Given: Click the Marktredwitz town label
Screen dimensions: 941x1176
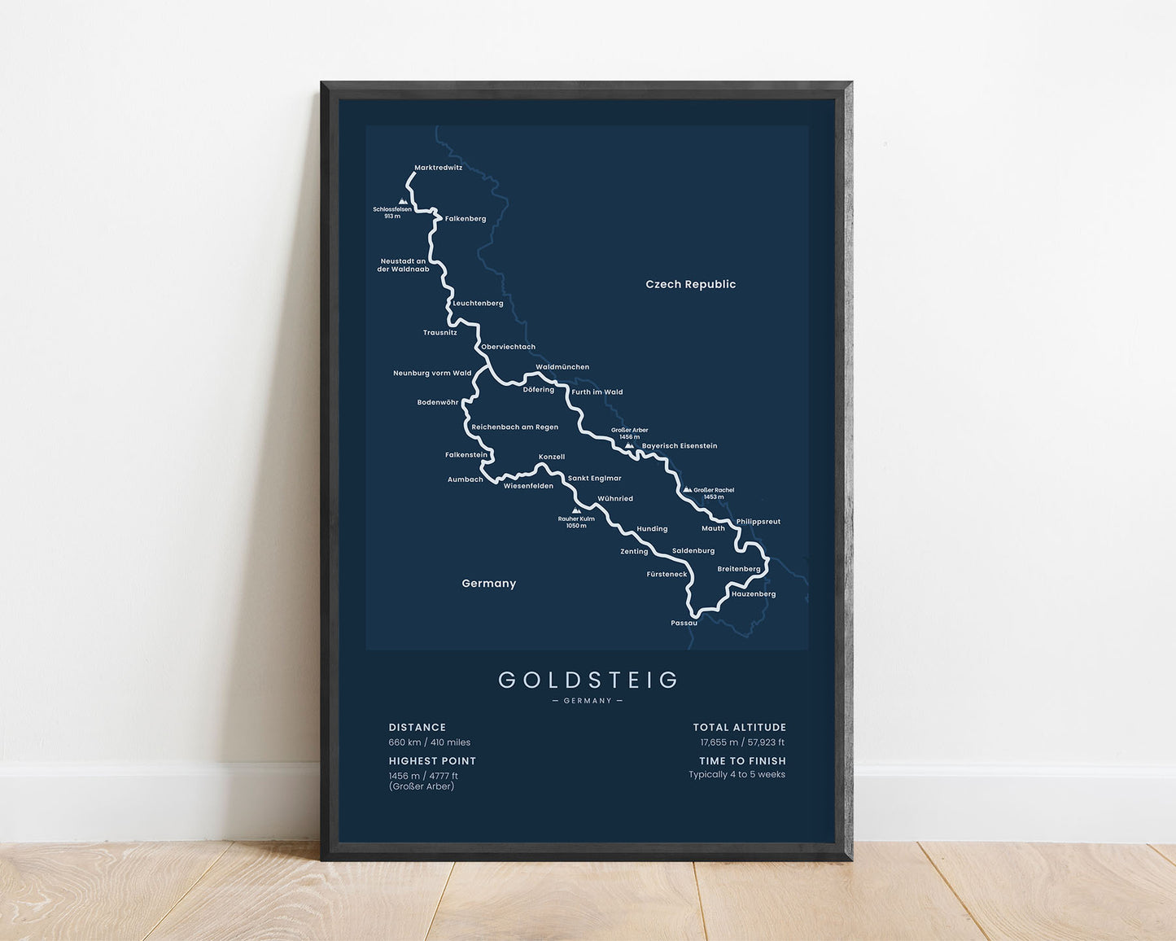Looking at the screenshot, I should pyautogui.click(x=438, y=168).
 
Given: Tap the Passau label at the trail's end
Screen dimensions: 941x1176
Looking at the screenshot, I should pyautogui.click(x=684, y=623).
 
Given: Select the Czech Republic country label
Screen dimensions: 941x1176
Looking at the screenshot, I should pyautogui.click(x=690, y=284).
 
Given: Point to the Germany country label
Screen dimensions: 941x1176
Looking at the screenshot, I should pyautogui.click(x=488, y=584).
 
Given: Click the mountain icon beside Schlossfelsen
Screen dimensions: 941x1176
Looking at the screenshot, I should pyautogui.click(x=401, y=201).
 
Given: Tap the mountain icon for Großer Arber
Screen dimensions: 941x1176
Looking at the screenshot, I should pyautogui.click(x=628, y=445).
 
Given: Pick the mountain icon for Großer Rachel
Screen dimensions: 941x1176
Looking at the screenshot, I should pyautogui.click(x=687, y=490).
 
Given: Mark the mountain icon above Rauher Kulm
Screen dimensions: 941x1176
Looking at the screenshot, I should pyautogui.click(x=576, y=510).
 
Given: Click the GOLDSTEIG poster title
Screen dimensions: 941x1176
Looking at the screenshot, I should pyautogui.click(x=588, y=680).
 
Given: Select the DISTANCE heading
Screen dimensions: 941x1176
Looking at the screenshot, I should pyautogui.click(x=417, y=728).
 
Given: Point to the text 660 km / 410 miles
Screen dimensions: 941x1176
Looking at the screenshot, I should pyautogui.click(x=429, y=742).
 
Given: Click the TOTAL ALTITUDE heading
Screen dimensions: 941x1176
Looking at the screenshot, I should pyautogui.click(x=739, y=728).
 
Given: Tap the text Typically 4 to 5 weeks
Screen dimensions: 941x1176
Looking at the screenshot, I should pyautogui.click(x=737, y=774).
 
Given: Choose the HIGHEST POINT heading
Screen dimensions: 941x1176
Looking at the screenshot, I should pyautogui.click(x=432, y=761).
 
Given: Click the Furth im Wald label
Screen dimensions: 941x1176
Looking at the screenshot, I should pyautogui.click(x=597, y=392).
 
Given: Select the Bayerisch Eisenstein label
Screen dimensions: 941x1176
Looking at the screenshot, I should pyautogui.click(x=680, y=446).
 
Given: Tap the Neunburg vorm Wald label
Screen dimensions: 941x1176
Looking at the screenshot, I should pyautogui.click(x=432, y=374).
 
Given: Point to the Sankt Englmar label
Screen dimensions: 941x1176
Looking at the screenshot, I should pyautogui.click(x=594, y=479).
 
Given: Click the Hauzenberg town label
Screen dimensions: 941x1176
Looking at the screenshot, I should pyautogui.click(x=753, y=594).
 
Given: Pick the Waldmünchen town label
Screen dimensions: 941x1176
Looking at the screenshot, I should pyautogui.click(x=562, y=367).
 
